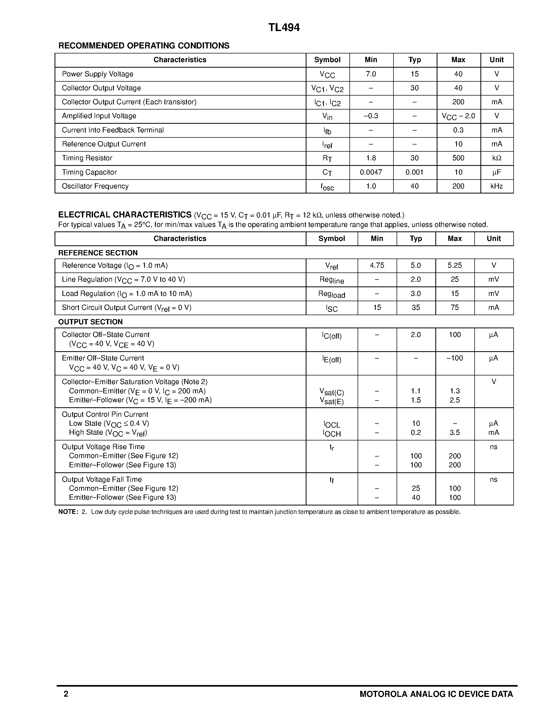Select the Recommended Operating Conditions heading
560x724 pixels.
[x=144, y=46]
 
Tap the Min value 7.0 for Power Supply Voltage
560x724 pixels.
[x=371, y=74]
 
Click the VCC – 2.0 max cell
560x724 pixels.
[x=458, y=116]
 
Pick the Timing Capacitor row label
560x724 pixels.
[x=89, y=172]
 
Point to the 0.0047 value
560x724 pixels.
[x=371, y=172]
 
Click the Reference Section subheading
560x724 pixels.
[x=98, y=253]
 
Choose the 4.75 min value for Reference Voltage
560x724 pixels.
[x=377, y=266]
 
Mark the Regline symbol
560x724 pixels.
[x=332, y=280]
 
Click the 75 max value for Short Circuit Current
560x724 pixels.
[x=455, y=307]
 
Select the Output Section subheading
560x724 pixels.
[x=90, y=322]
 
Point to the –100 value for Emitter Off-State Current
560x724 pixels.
[x=455, y=358]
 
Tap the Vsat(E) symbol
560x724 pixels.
[x=332, y=401]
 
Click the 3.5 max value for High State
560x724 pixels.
[x=455, y=432]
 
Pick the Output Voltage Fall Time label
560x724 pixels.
[x=101, y=479]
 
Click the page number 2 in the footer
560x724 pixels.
[x=66, y=694]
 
